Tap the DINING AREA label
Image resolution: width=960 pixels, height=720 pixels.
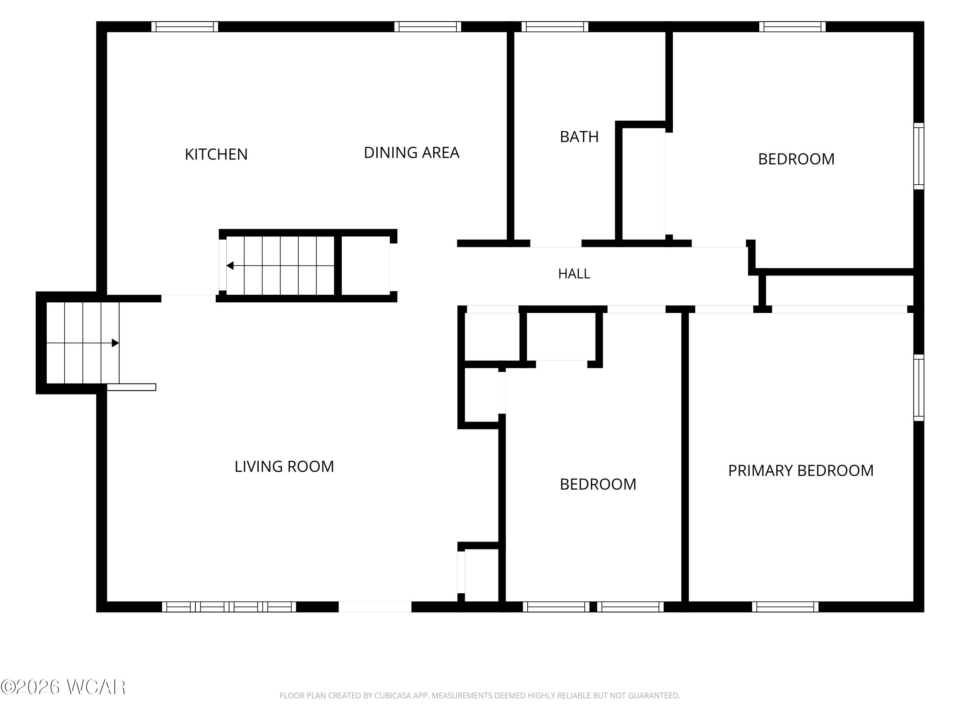(x=412, y=153)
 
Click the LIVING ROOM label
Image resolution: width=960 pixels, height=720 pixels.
(x=284, y=467)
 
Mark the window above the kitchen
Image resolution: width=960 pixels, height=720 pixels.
(x=185, y=27)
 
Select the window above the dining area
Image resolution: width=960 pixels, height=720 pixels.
(x=428, y=27)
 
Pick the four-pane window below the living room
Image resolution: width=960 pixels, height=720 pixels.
(x=229, y=607)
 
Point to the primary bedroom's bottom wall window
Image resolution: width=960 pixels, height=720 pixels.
(x=785, y=607)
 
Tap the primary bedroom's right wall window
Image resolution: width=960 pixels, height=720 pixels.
(x=919, y=388)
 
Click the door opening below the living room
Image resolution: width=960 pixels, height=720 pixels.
(x=375, y=607)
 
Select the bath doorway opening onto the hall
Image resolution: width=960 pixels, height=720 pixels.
(x=556, y=244)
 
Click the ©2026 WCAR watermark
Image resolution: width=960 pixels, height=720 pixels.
(x=63, y=687)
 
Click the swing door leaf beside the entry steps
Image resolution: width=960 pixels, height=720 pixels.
(x=132, y=387)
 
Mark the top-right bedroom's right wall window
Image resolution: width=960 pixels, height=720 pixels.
(x=919, y=156)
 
